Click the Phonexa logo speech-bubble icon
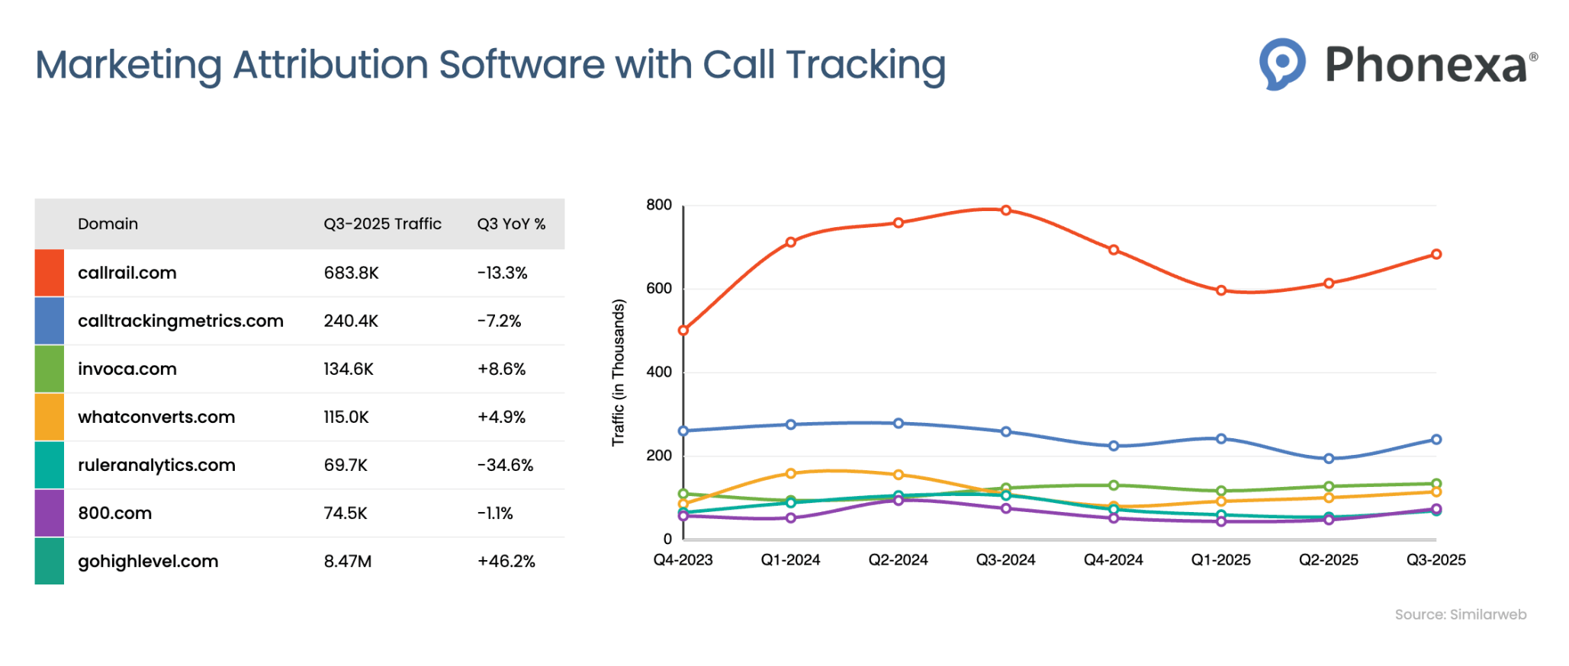(1281, 63)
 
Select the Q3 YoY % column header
(511, 224)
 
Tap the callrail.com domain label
(127, 273)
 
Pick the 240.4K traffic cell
(350, 321)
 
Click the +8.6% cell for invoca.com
(501, 369)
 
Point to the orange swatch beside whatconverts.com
(49, 417)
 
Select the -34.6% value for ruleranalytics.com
(504, 465)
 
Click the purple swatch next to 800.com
(49, 513)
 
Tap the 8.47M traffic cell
(347, 562)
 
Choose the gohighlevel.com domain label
(148, 562)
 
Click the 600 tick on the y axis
(658, 289)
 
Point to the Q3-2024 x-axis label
(1005, 560)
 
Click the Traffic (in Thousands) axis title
(618, 372)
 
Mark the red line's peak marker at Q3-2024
(1006, 210)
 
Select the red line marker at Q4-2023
(683, 331)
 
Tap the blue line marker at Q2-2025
(1329, 459)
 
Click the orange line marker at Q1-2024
(791, 473)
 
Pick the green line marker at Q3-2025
(1436, 484)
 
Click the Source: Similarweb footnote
(1460, 615)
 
